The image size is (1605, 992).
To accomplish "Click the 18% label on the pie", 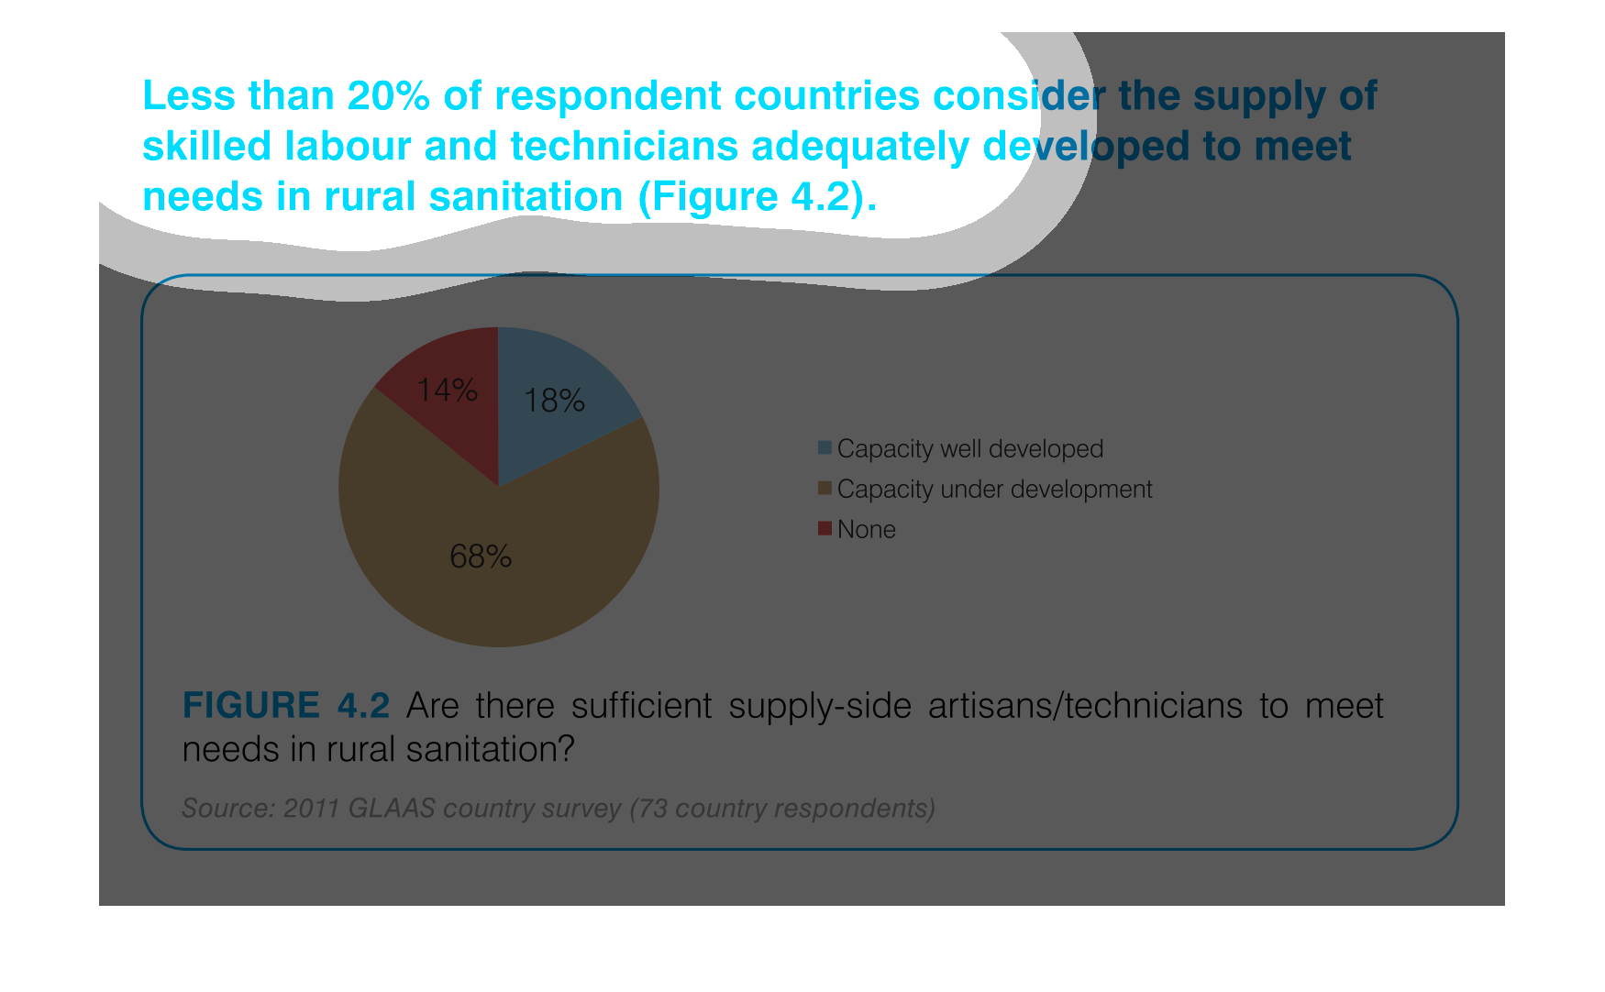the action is pos(554,401).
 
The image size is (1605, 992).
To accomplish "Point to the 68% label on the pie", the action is pos(481,557).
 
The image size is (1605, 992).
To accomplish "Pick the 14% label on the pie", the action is pos(447,391).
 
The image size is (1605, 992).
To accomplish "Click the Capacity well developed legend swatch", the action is pos(825,447).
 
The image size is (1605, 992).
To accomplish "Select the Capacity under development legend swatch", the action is pos(825,488).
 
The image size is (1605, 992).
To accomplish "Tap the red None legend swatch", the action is pos(825,528).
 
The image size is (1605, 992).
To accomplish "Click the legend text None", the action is pos(867,529).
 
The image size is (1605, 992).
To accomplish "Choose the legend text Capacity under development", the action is pos(994,490).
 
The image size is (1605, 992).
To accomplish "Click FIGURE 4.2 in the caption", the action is pos(286,705).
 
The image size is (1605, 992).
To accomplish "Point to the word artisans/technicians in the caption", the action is pos(1085,705).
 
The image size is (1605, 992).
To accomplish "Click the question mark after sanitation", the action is pos(566,749).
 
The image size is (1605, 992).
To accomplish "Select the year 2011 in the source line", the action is pos(311,808).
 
